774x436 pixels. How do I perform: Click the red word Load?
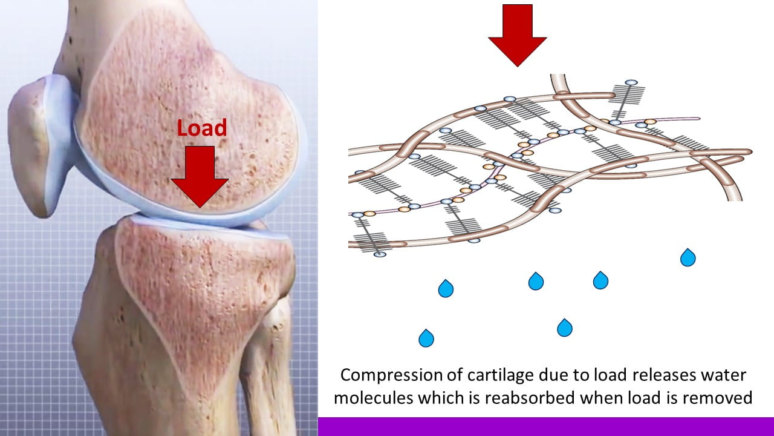[202, 128]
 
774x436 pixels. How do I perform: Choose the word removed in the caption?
[723, 398]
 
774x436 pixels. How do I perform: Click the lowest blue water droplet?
[426, 337]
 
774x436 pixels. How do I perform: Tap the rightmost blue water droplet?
[688, 257]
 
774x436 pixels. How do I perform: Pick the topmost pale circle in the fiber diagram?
[631, 82]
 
